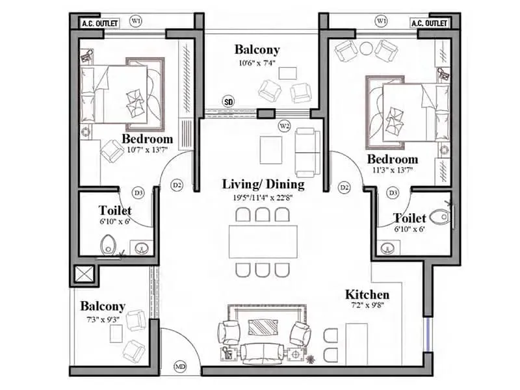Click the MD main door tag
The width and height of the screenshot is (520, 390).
pyautogui.click(x=180, y=367)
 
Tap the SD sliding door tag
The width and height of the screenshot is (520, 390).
pyautogui.click(x=228, y=101)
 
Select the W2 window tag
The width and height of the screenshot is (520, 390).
pyautogui.click(x=284, y=125)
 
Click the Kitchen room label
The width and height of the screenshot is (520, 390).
pyautogui.click(x=367, y=294)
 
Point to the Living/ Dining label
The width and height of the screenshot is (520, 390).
pyautogui.click(x=263, y=184)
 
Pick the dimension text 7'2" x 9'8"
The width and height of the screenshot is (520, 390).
pyautogui.click(x=367, y=306)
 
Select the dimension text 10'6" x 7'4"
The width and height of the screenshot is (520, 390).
pyautogui.click(x=257, y=62)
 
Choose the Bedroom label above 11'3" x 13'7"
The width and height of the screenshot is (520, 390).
pyautogui.click(x=392, y=159)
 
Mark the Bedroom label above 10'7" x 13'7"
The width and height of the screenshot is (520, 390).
pyautogui.click(x=148, y=139)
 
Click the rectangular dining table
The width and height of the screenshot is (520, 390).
pyautogui.click(x=263, y=242)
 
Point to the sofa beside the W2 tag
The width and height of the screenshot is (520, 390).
pyautogui.click(x=306, y=152)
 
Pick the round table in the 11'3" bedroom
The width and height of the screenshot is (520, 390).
pyautogui.click(x=366, y=47)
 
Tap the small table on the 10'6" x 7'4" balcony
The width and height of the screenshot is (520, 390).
pyautogui.click(x=287, y=72)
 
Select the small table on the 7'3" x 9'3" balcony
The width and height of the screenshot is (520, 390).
pyautogui.click(x=116, y=333)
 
